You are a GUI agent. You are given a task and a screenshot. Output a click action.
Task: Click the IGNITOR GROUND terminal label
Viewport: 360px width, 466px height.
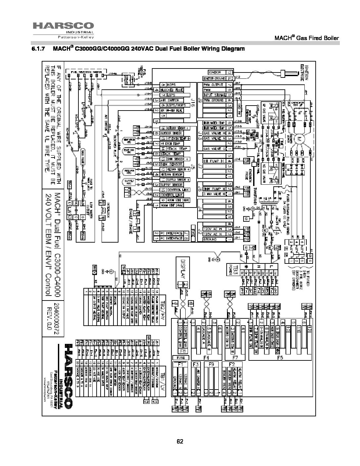tap(215, 79)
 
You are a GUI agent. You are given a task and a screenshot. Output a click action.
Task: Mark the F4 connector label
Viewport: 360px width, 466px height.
tap(207, 358)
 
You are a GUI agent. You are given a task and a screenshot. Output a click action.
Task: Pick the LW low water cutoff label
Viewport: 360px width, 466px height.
tap(69, 211)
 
